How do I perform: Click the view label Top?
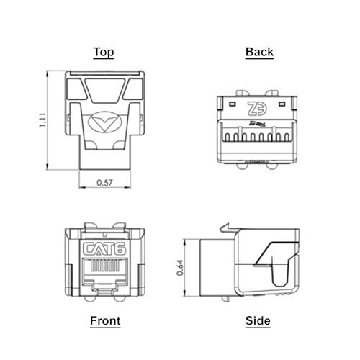(104, 52)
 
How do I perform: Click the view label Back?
(259, 52)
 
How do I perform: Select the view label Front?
(105, 321)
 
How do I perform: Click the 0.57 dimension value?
(104, 184)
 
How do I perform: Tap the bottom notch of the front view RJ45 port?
(104, 287)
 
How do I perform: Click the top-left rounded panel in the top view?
(75, 89)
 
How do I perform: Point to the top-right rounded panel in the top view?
(135, 89)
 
